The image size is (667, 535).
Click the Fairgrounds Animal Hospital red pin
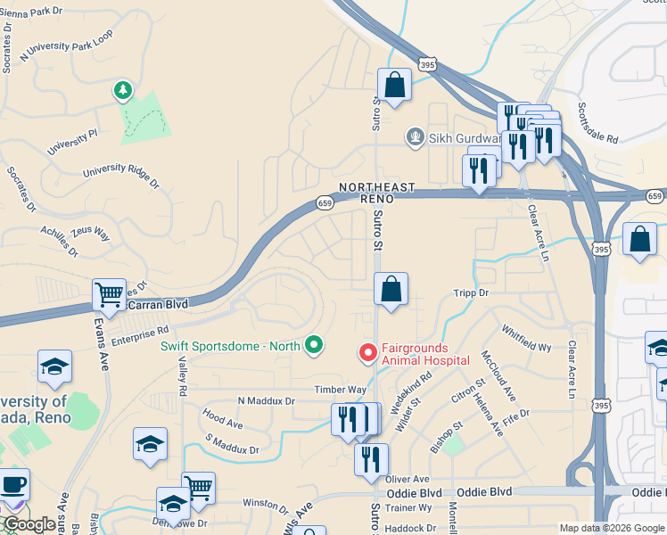366,354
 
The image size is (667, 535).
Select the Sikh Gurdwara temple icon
415,137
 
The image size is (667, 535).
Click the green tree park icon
122,91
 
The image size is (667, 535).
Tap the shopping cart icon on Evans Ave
109,293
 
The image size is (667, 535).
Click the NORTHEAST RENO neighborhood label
377,193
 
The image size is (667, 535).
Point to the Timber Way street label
340,390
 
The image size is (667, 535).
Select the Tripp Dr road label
472,292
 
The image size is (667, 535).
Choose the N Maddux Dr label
266,401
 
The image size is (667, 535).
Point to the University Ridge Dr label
120,178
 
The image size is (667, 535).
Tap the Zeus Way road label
89,235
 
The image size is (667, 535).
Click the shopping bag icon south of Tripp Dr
391,290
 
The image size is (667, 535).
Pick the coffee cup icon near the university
13,486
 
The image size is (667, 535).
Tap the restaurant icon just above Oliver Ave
371,460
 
